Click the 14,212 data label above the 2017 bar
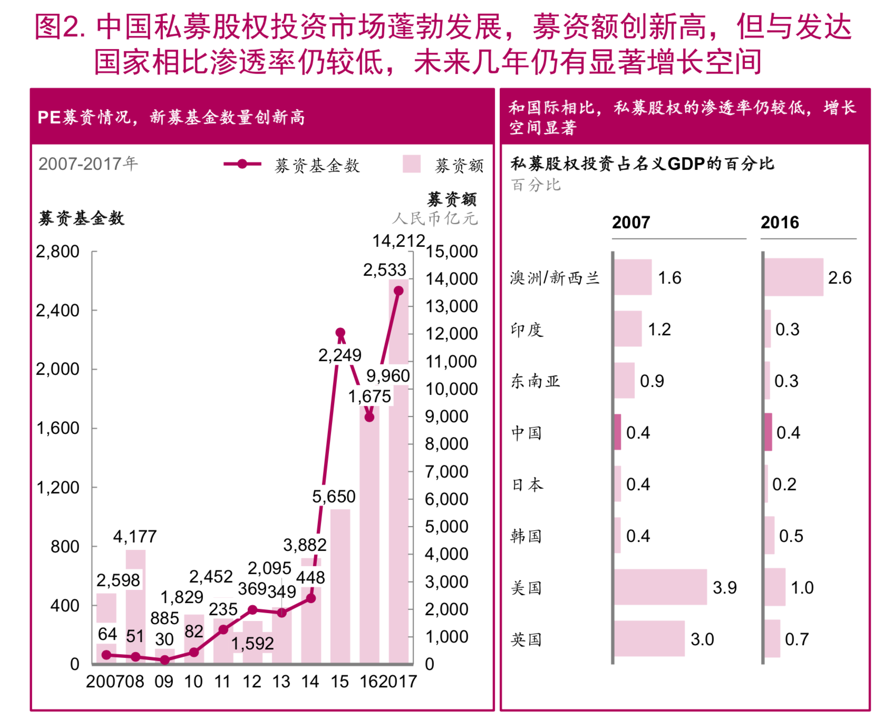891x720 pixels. pos(399,241)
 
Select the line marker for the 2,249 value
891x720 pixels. pos(341,333)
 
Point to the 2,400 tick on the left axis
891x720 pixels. pos(57,310)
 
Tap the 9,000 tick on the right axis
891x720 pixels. pos(447,416)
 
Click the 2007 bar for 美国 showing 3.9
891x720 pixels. pos(661,587)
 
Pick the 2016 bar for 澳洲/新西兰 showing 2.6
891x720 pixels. pos(794,277)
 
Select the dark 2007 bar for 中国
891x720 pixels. pos(618,432)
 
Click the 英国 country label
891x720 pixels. pos(526,639)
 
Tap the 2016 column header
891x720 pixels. pos(780,222)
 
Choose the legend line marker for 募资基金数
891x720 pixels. pos(242,164)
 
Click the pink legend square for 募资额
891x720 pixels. pos(411,164)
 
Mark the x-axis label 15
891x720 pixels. pos(340,682)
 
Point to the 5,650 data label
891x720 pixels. pos(334,497)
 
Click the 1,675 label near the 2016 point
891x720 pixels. pos(370,396)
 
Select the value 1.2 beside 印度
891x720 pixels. pos(659,329)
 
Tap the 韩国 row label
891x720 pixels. pos(526,536)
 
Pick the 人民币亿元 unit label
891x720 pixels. pos(435,218)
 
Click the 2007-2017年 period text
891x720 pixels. pos(88,164)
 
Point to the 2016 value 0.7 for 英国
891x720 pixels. pos(797,639)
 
